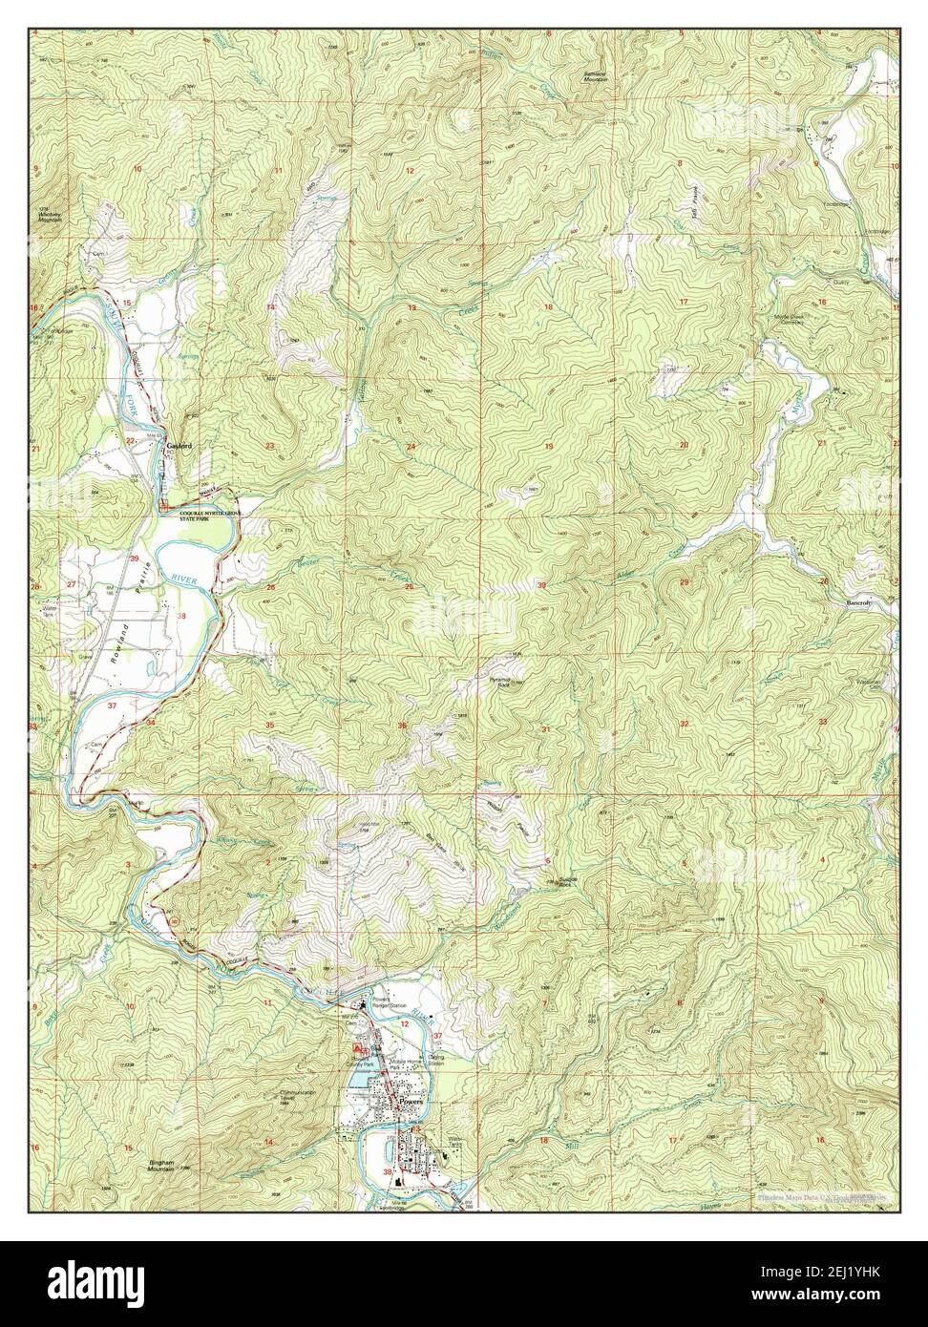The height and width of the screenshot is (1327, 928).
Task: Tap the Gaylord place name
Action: coord(179,445)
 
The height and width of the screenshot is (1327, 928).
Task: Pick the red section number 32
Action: coord(685,725)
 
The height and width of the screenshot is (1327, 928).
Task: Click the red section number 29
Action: coord(684,582)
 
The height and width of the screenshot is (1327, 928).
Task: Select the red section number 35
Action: coord(270,727)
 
